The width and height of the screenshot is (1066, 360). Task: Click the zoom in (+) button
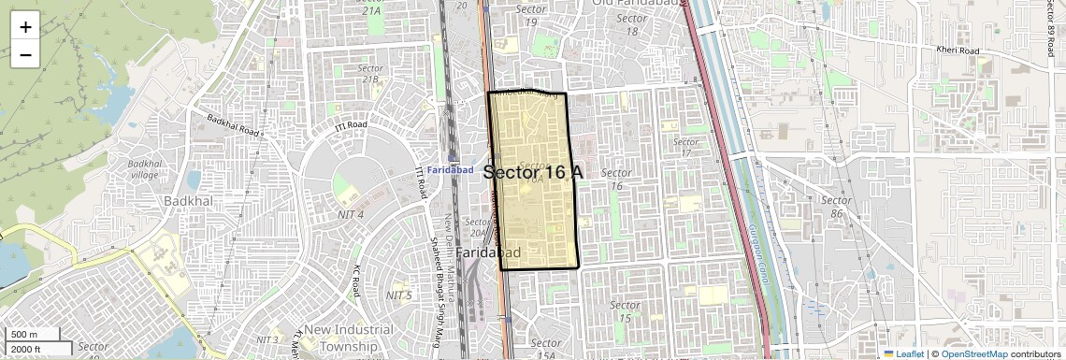(x=25, y=27)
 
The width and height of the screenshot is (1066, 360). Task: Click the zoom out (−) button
(x=25, y=55)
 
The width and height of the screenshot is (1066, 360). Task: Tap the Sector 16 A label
(x=534, y=172)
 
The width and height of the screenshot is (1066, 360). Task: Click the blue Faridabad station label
(x=454, y=170)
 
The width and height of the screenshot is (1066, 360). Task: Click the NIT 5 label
(x=398, y=295)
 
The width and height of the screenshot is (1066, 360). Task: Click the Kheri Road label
(x=958, y=50)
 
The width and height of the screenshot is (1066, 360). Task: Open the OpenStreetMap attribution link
(x=974, y=353)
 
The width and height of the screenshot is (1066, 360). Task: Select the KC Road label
(x=357, y=281)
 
